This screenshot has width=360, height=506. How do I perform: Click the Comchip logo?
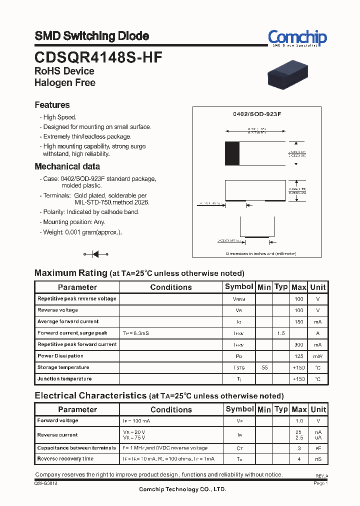(x=297, y=37)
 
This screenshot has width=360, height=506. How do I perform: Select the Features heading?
(x=52, y=105)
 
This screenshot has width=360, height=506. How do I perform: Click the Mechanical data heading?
(x=67, y=166)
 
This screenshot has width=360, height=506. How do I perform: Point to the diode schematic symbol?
(x=95, y=254)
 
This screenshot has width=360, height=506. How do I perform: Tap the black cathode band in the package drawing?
(x=232, y=153)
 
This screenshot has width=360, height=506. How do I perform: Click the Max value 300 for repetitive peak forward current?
(x=298, y=345)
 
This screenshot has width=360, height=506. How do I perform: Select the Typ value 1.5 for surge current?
(x=281, y=333)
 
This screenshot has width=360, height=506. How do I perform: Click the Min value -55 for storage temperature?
(x=263, y=367)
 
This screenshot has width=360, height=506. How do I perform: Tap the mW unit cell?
(x=317, y=356)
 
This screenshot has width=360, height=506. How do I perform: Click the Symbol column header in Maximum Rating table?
(x=239, y=286)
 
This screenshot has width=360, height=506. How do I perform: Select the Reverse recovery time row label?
(x=65, y=458)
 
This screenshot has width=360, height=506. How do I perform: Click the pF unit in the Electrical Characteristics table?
(x=317, y=448)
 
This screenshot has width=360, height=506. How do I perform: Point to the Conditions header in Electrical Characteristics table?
(x=171, y=409)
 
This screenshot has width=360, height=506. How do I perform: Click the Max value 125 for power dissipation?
(x=298, y=356)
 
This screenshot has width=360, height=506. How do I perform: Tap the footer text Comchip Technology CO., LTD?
(x=182, y=489)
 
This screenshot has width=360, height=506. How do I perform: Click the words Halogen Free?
(x=64, y=83)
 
